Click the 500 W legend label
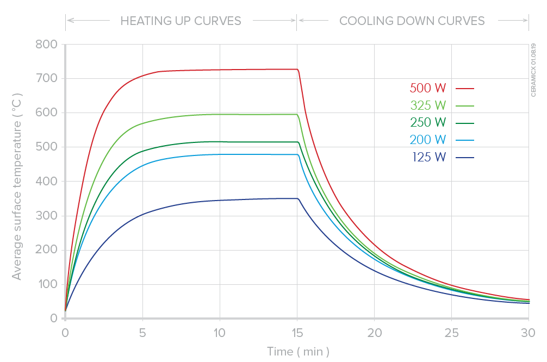(428, 88)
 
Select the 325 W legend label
(428, 105)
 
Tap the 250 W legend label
(428, 122)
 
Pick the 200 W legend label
(428, 140)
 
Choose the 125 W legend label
(428, 157)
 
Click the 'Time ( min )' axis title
(298, 352)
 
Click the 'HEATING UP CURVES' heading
(181, 21)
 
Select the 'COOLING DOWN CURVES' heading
(412, 21)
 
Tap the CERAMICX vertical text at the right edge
(533, 71)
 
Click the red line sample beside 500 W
(465, 88)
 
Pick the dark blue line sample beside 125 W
(465, 157)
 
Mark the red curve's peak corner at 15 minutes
(297, 70)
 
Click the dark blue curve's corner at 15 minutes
(297, 199)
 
